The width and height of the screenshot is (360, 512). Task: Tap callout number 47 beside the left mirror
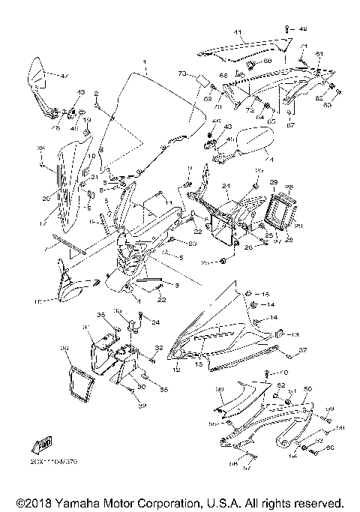(x=64, y=76)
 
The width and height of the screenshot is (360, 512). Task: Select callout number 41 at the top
(x=238, y=33)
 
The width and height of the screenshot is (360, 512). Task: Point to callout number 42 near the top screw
(x=303, y=29)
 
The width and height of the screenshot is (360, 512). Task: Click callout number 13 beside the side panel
(x=295, y=334)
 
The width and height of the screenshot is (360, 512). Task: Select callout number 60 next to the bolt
(x=328, y=448)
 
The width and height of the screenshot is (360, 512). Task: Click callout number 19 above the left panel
(x=86, y=121)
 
